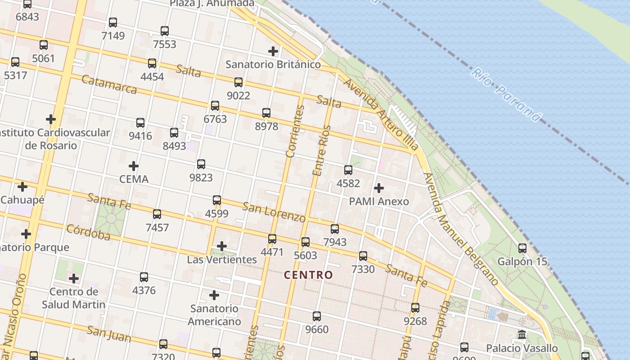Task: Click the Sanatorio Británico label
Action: (x=273, y=64)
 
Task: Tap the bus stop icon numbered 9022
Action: (x=238, y=82)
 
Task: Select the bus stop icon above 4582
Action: (x=348, y=170)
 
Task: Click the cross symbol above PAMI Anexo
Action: (x=379, y=188)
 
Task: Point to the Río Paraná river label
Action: (x=506, y=95)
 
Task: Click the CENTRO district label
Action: (x=309, y=274)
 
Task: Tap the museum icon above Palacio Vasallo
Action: (x=522, y=335)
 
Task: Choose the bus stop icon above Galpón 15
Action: (x=522, y=248)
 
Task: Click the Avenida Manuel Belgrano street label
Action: (x=461, y=229)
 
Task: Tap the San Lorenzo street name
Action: (x=274, y=212)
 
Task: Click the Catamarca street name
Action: (x=109, y=84)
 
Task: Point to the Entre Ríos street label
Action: (x=321, y=151)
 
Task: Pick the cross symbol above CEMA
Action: (x=134, y=166)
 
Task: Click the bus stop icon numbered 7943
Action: (x=335, y=229)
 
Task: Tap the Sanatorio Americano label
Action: (x=214, y=315)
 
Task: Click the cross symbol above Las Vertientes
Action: (x=222, y=246)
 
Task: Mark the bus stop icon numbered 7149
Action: (x=113, y=22)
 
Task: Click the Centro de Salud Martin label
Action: (x=74, y=298)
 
